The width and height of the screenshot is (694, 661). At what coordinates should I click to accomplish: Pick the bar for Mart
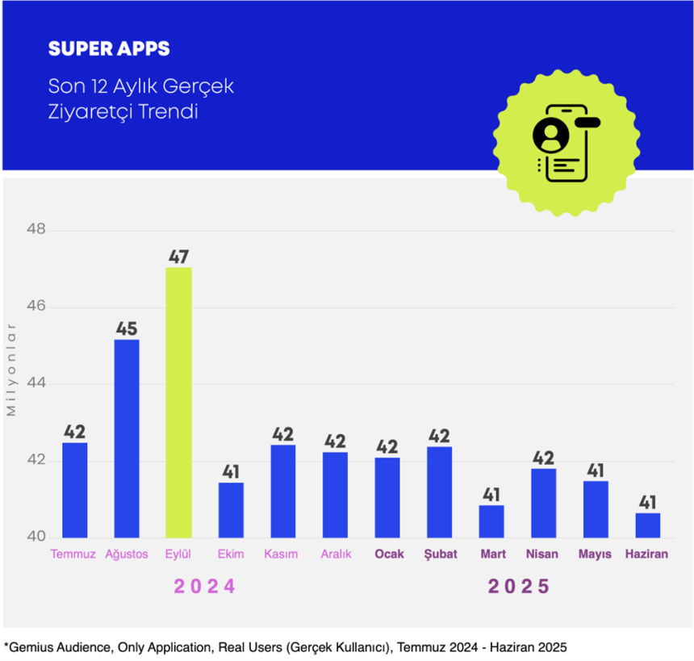491,521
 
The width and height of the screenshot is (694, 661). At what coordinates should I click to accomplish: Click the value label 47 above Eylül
178,257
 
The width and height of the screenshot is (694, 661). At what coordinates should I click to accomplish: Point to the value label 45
126,329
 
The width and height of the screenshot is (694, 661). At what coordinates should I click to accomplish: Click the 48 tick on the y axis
37,231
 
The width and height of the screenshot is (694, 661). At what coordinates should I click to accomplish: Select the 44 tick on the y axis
37,384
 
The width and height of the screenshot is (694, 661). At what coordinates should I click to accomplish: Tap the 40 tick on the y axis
37,538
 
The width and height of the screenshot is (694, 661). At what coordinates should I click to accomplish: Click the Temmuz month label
73,554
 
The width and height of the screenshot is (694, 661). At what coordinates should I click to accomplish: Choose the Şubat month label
440,554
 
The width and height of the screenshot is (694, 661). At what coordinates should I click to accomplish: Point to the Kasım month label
281,554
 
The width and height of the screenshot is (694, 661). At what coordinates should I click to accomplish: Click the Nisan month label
541,554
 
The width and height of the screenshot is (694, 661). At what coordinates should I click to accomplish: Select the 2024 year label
205,587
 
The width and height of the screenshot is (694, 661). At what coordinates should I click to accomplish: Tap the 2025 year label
519,587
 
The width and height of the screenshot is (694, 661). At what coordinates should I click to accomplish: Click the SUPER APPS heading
109,48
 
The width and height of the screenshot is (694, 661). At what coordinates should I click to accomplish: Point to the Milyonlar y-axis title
11,369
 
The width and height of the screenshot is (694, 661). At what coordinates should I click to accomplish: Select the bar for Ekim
231,510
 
